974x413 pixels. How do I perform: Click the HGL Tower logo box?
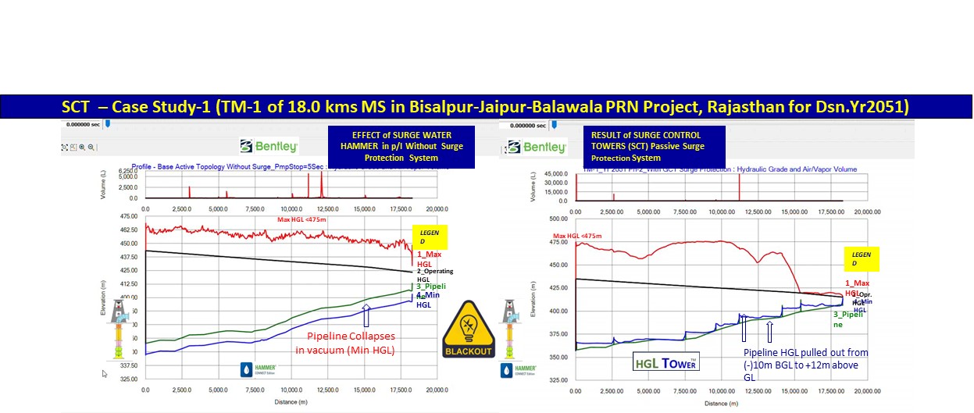[665, 361]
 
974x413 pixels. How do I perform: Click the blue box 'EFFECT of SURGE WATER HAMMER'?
[401, 146]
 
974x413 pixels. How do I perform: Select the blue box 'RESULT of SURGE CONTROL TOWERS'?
[658, 146]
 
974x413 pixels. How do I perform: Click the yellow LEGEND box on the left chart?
[428, 236]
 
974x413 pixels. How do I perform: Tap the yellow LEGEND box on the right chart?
[862, 259]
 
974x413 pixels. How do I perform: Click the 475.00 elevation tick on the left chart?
[128, 215]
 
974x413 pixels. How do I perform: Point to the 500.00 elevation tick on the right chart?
[558, 219]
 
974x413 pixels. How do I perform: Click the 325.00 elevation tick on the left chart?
[128, 379]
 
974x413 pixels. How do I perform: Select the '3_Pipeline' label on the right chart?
[847, 319]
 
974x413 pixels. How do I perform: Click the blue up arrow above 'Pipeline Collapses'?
[366, 315]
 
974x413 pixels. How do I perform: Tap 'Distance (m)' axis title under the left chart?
[291, 403]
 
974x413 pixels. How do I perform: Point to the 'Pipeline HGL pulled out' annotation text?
[805, 364]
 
